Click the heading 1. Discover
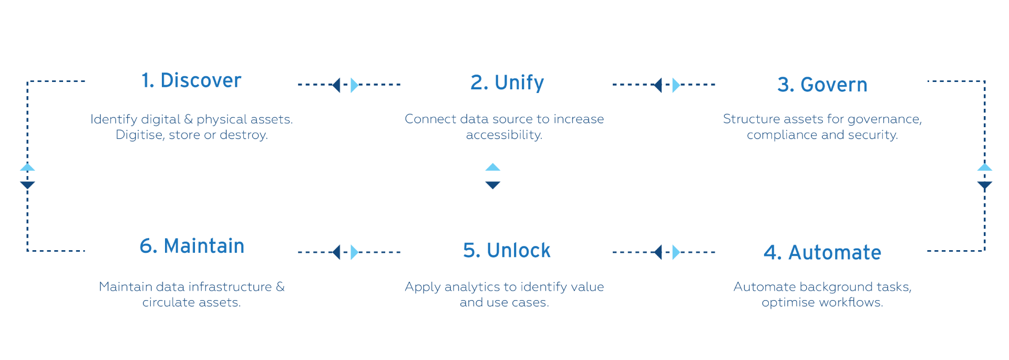click(x=191, y=80)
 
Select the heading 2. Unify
click(x=507, y=83)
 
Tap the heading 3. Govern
click(x=822, y=85)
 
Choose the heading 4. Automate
click(x=822, y=253)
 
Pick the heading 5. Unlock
click(x=507, y=251)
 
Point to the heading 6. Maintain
click(x=192, y=246)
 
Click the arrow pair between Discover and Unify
click(x=345, y=85)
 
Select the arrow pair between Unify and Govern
click(x=665, y=85)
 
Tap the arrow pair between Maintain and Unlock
click(x=345, y=252)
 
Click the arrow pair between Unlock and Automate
click(x=665, y=252)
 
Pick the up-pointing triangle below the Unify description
click(x=492, y=167)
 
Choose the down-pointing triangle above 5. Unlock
click(x=492, y=185)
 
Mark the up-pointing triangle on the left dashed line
click(x=27, y=167)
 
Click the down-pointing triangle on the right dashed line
click(x=984, y=185)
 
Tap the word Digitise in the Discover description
click(x=139, y=135)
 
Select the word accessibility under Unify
click(x=503, y=135)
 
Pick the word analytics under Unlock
click(x=472, y=287)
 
